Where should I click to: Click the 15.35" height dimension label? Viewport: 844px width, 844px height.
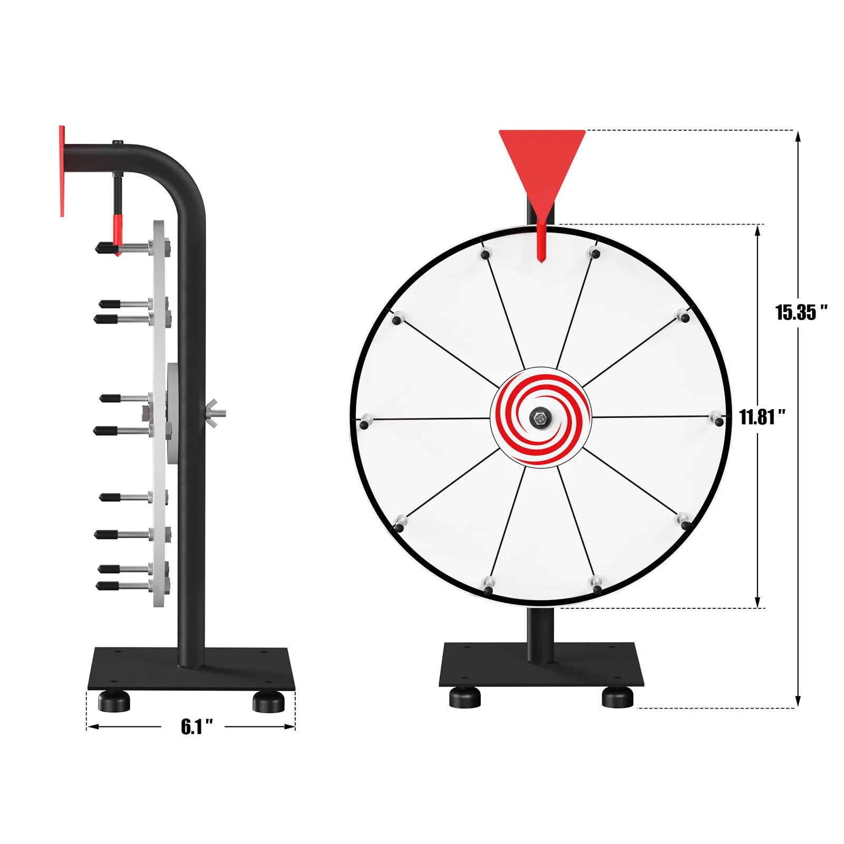(x=800, y=313)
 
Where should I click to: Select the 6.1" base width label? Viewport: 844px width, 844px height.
(x=197, y=726)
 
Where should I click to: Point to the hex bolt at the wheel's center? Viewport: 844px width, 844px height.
(x=539, y=418)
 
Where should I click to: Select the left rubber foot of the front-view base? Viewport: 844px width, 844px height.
(x=465, y=697)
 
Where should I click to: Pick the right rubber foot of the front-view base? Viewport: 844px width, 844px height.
(x=617, y=697)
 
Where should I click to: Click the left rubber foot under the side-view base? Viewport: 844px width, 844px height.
(x=114, y=701)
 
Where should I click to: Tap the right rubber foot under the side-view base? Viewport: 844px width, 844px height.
(x=268, y=701)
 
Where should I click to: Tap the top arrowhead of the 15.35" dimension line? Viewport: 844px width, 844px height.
(x=798, y=136)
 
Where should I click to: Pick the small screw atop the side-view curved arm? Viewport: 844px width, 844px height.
(x=117, y=142)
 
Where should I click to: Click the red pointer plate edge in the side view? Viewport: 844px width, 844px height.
(x=62, y=171)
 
